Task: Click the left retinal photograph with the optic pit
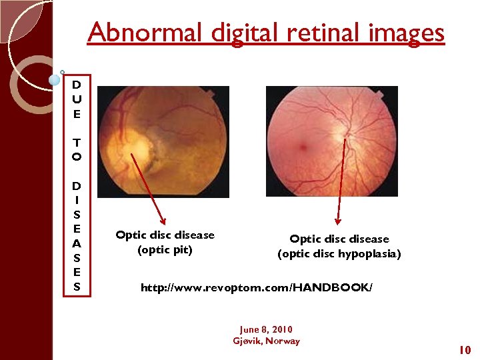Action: tap(163, 141)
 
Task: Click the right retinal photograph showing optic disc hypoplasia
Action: tap(331, 141)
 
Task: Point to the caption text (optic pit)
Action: tap(165, 251)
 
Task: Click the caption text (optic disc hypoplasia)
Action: tap(339, 254)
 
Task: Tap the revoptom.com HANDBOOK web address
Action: tap(257, 288)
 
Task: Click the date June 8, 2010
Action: tap(266, 329)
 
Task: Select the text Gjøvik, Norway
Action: tap(266, 341)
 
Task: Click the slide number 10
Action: tap(465, 350)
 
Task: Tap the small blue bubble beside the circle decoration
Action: tap(55, 79)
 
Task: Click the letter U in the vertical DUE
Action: tap(77, 99)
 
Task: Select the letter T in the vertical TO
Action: tap(77, 143)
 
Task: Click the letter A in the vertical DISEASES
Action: tap(77, 244)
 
